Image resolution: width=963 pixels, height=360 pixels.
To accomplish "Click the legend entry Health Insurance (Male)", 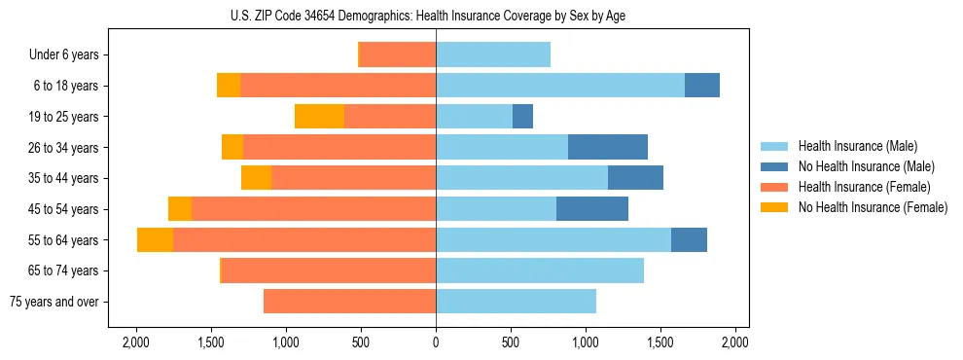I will click(856, 146).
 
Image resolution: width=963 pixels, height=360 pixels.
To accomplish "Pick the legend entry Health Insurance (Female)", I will click(864, 187).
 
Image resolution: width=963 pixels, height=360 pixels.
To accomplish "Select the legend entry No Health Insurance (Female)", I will click(873, 207).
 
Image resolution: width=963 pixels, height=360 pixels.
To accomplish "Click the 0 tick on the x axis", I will click(436, 343).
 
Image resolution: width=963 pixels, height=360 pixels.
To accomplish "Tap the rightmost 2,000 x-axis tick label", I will click(735, 343).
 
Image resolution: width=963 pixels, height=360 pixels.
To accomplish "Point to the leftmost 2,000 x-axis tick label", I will click(135, 343).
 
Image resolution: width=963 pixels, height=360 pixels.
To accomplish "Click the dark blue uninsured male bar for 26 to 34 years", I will click(608, 147).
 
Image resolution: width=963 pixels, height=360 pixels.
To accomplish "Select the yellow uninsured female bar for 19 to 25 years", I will click(319, 117).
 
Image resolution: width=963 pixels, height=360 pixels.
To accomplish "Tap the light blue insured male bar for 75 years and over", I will click(516, 302).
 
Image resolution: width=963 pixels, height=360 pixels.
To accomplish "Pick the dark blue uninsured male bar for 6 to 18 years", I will click(702, 86).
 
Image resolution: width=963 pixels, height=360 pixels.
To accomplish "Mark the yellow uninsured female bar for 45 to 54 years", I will click(180, 209).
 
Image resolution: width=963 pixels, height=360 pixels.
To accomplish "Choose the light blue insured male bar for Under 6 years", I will click(493, 55).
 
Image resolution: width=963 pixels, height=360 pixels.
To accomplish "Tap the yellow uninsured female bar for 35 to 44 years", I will click(256, 178).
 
